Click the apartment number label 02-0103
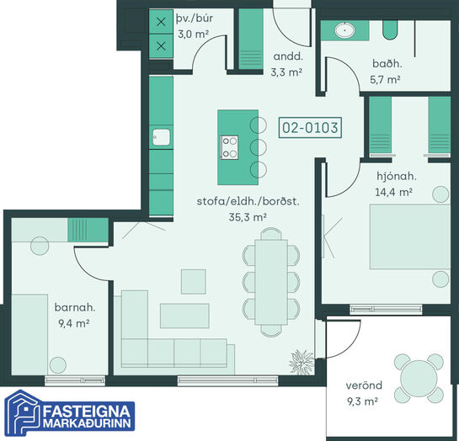[310, 128]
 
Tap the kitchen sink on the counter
[161, 137]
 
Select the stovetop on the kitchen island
[229, 147]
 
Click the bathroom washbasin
[344, 29]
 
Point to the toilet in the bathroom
[390, 29]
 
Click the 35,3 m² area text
[248, 217]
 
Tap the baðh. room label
[387, 63]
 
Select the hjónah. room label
[397, 176]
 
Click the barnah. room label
[75, 307]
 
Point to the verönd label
[364, 385]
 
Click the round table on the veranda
[419, 379]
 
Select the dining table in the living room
[271, 282]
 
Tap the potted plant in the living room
[302, 362]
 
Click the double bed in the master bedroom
[410, 236]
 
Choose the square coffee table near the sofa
[193, 282]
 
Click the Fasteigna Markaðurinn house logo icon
[22, 412]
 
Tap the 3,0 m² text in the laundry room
[193, 35]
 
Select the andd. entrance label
[288, 56]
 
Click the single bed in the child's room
[29, 335]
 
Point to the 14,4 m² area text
[393, 192]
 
